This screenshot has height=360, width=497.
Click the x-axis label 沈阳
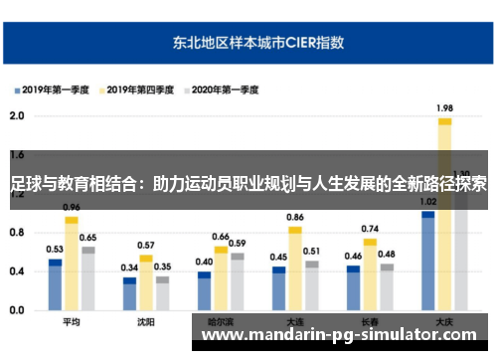[x=145, y=322]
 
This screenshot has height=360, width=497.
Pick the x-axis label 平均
[x=71, y=322]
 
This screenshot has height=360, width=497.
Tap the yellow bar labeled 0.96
[x=72, y=265]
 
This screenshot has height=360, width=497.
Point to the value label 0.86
[x=295, y=217]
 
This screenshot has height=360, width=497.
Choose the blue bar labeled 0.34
[x=130, y=294]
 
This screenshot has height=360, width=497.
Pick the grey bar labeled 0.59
[x=237, y=281]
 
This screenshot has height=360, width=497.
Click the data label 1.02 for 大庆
[x=428, y=202]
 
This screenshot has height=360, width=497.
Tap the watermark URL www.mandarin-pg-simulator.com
[x=338, y=335]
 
